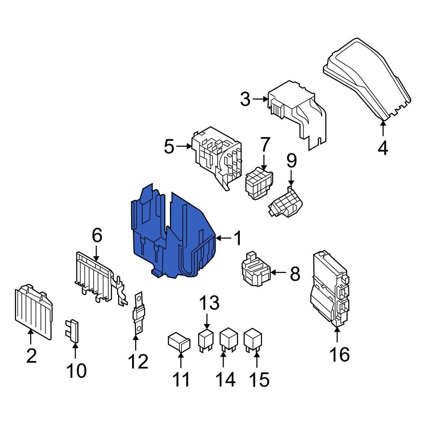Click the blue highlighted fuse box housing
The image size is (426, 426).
(175, 239)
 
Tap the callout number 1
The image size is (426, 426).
(237, 239)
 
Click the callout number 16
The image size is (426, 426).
(340, 354)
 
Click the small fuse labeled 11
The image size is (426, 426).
(179, 342)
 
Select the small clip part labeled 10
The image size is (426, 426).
(73, 331)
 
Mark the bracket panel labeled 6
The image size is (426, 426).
(96, 277)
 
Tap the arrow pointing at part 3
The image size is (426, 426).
(259, 99)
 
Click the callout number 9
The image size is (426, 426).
(291, 161)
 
